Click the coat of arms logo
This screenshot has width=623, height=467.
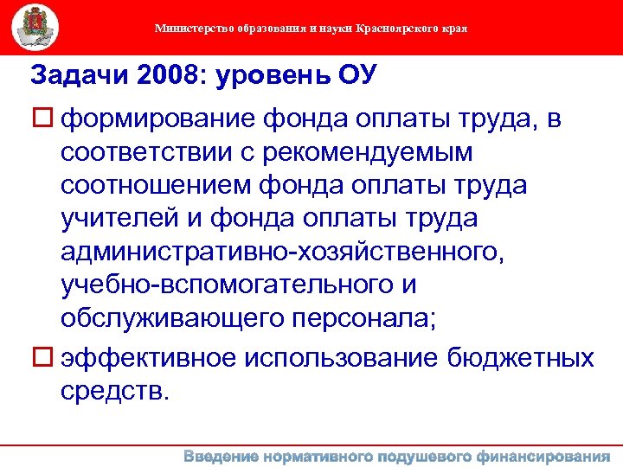[x=35, y=27]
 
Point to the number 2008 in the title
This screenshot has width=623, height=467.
[x=164, y=75]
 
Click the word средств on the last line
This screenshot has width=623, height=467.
[x=110, y=390]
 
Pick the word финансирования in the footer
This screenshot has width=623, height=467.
[x=543, y=456]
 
